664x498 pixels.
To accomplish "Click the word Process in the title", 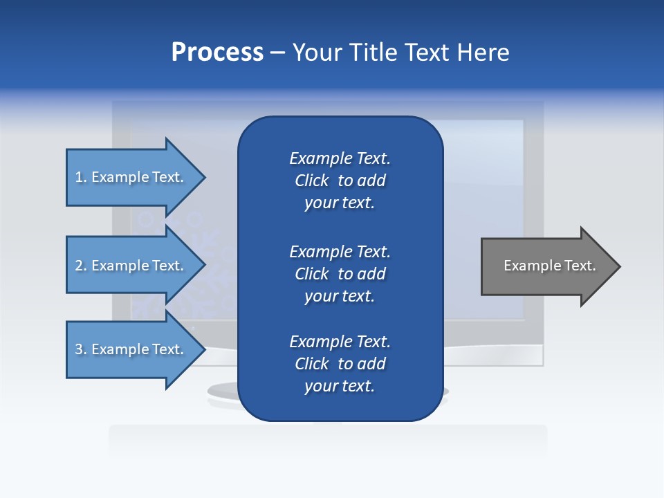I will [217, 53].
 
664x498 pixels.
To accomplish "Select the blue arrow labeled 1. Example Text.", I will [131, 177].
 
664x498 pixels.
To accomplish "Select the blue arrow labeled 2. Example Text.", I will [131, 266].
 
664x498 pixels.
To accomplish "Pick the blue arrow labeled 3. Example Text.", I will [131, 349].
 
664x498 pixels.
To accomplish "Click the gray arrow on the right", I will [546, 266].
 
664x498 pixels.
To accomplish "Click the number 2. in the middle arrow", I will [81, 266].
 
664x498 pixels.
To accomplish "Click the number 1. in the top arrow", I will [81, 177].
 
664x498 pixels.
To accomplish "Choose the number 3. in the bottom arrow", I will [81, 349].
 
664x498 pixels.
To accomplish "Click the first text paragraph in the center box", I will [340, 181].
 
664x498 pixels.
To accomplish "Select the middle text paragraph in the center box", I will [340, 274].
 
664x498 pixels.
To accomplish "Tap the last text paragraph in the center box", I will [340, 364].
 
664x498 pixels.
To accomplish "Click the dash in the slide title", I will [277, 53].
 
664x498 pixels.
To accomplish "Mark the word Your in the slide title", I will [315, 53].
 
